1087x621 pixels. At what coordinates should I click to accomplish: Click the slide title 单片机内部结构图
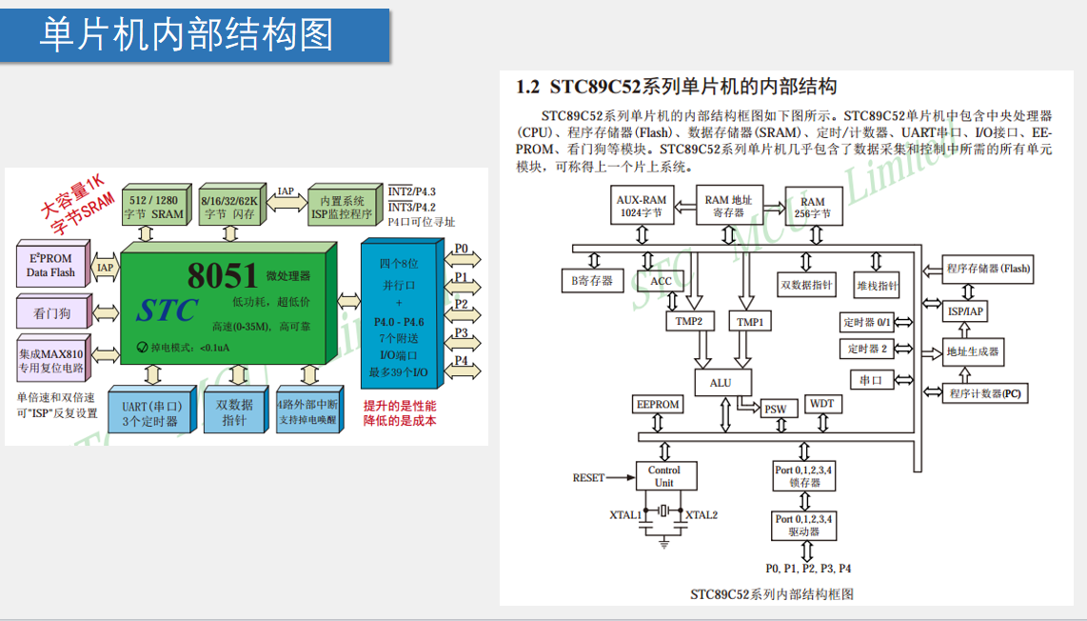[187, 34]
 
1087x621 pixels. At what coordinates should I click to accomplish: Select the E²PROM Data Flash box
[51, 266]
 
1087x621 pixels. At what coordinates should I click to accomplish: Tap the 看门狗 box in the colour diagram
[51, 311]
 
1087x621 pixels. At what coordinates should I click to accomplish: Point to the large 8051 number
[223, 275]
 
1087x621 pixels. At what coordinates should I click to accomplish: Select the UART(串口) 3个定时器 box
[150, 413]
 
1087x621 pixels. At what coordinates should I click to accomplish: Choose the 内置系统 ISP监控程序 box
[343, 207]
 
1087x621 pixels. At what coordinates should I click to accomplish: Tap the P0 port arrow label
[461, 250]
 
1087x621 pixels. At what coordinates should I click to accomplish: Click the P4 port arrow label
[461, 361]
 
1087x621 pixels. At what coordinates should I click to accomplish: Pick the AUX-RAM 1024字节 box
[642, 207]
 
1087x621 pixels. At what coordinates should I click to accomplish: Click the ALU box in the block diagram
[721, 383]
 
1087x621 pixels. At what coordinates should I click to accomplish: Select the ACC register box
[662, 281]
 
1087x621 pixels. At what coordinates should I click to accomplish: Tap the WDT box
[822, 404]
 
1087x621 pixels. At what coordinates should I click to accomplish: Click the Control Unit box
[663, 476]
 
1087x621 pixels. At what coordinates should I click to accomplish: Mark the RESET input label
[588, 478]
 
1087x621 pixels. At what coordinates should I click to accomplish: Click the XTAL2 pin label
[702, 515]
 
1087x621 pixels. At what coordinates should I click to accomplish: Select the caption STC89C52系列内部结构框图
[772, 594]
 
